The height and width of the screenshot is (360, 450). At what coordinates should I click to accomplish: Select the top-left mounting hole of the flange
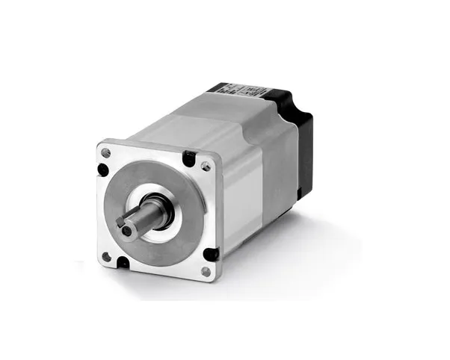tap(105, 153)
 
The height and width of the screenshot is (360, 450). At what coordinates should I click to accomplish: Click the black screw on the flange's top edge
tap(190, 158)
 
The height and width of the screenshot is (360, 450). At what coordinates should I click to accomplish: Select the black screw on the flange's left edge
tap(103, 169)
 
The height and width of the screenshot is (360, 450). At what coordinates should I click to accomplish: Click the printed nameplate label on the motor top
tap(240, 92)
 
